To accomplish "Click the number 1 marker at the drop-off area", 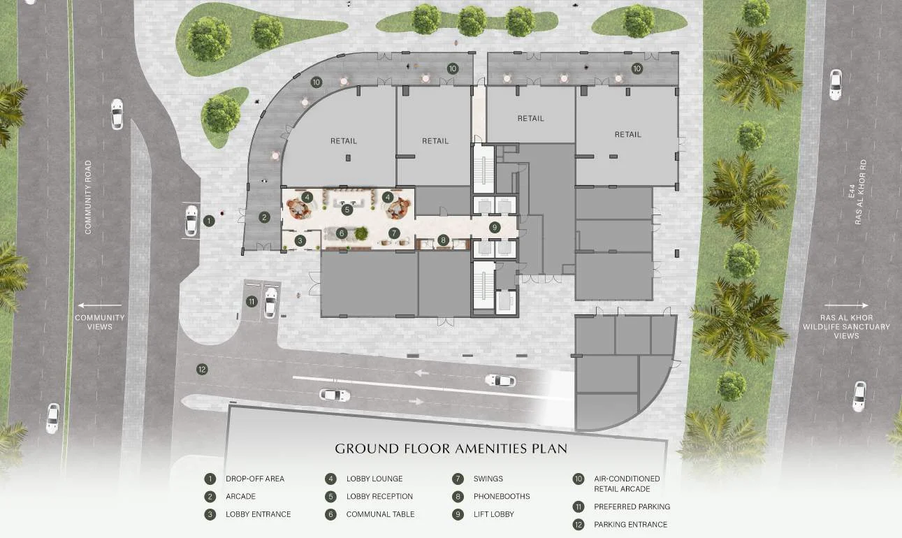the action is (x=209, y=221).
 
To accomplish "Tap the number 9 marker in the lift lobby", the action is (x=495, y=228).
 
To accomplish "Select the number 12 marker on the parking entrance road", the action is (x=202, y=370).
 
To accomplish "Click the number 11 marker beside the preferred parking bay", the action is (x=252, y=302).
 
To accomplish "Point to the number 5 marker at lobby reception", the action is (x=347, y=210).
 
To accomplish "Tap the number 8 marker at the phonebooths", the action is (x=443, y=240).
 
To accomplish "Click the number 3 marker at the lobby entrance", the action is (x=300, y=241).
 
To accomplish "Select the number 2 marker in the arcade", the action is (x=265, y=217).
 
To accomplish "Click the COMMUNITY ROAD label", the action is (x=88, y=197).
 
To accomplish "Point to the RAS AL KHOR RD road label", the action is (x=859, y=192).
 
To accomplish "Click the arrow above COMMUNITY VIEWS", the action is (x=100, y=305).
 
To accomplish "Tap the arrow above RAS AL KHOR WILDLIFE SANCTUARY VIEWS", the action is (x=846, y=305).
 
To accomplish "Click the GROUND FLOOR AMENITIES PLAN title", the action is (x=451, y=449).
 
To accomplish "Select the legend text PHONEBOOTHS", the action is (x=502, y=497).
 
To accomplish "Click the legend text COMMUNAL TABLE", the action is (x=381, y=514).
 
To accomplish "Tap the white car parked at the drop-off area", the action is (x=191, y=221).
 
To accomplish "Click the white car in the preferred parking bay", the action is (x=270, y=303).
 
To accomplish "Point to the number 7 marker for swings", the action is (x=394, y=233).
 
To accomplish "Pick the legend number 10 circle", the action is (x=579, y=479).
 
